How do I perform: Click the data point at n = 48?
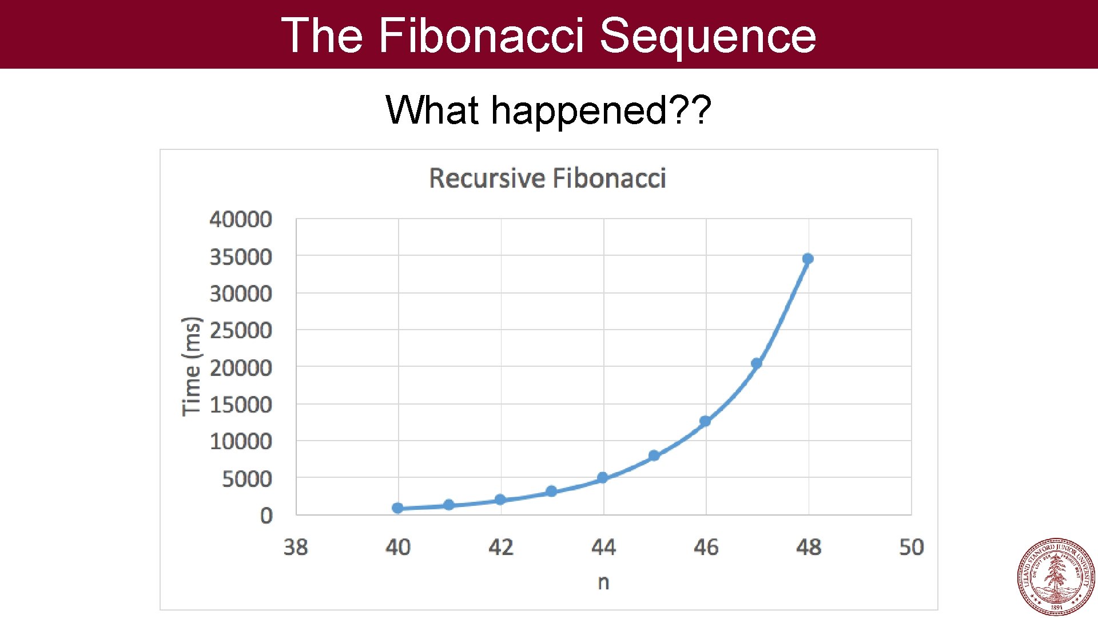(807, 259)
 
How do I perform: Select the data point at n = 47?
(756, 363)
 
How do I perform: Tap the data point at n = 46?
(705, 421)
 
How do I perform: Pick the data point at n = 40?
(397, 508)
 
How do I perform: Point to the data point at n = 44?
(602, 477)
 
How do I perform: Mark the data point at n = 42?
(500, 500)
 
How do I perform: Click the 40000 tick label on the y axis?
(241, 219)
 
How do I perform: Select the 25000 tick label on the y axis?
(241, 330)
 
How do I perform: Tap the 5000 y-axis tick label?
(247, 478)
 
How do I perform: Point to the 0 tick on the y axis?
(266, 516)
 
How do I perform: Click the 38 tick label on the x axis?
(296, 547)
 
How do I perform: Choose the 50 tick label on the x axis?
(911, 547)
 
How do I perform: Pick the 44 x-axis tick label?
(603, 547)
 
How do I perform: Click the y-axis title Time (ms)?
(192, 366)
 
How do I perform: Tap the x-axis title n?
(603, 582)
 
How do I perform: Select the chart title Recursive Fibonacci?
(547, 178)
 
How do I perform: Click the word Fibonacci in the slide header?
(481, 35)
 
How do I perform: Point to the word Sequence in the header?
(707, 35)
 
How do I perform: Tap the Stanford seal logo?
(1056, 576)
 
